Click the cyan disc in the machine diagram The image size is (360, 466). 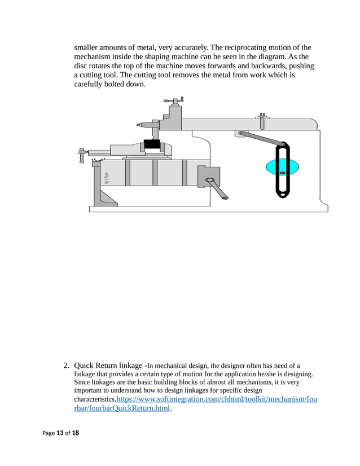270,168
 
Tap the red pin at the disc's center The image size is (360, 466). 283,173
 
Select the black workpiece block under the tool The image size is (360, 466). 152,144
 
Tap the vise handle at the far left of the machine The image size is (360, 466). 82,155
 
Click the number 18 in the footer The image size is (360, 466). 75,433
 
